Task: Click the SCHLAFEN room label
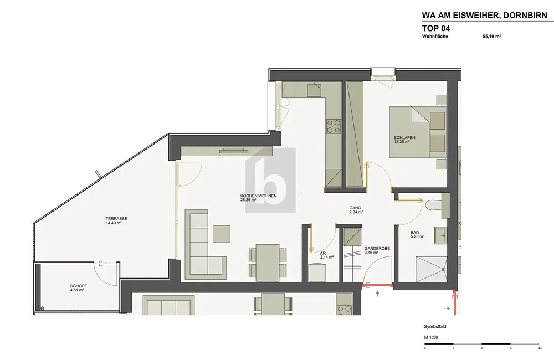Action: point(404,138)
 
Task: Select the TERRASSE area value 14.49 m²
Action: point(114,223)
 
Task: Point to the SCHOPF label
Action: point(79,286)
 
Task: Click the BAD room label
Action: point(414,233)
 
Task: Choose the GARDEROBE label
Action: point(377,248)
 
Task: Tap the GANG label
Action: point(355,208)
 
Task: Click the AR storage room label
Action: point(322,253)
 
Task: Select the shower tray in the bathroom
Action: point(431,270)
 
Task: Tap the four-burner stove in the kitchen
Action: point(334,126)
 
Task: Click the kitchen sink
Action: point(314,90)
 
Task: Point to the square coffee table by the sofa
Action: point(222,234)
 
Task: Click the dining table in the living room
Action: point(268,262)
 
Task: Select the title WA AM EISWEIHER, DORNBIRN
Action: point(484,16)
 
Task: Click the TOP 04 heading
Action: point(436,28)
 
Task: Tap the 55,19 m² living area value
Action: point(492,36)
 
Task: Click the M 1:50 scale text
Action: point(431,337)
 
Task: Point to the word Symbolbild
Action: point(435,327)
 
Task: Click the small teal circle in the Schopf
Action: point(43,308)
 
